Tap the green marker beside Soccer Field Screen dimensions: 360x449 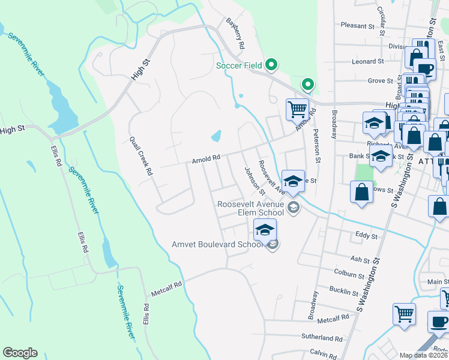coord(271,64)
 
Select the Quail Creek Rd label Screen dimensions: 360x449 coord(142,155)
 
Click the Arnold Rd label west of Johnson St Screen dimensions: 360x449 coord(206,159)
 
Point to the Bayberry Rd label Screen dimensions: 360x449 coord(236,34)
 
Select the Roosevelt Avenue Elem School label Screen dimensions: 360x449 coord(251,208)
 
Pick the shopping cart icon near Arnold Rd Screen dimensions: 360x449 coord(297,109)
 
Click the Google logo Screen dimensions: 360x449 coord(20,353)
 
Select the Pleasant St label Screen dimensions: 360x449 coord(357,25)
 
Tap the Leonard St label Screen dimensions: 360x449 coord(367,61)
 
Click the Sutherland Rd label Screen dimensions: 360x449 coord(334,338)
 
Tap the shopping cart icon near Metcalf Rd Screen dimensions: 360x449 coord(404,313)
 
